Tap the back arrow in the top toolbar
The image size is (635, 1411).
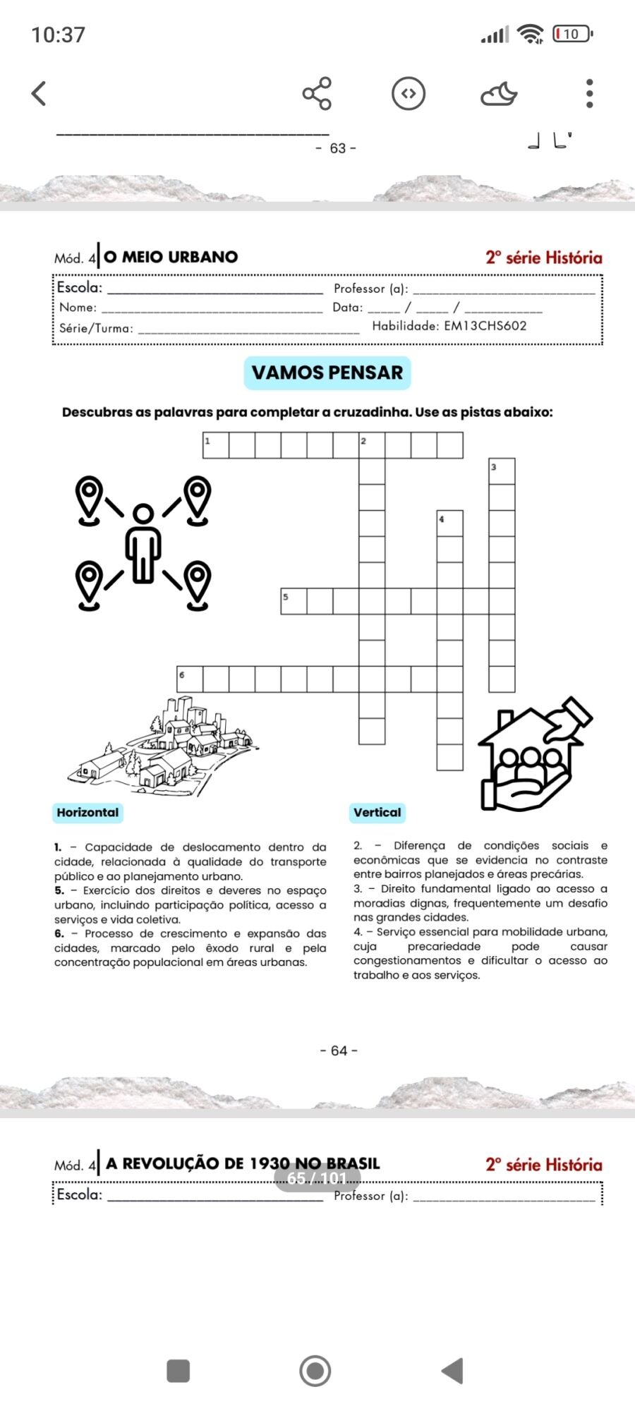pyautogui.click(x=40, y=93)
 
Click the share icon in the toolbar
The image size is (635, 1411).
pyautogui.click(x=317, y=93)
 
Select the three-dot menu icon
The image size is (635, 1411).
pyautogui.click(x=590, y=93)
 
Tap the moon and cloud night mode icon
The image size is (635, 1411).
pyautogui.click(x=499, y=94)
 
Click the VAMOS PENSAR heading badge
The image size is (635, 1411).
pyautogui.click(x=327, y=373)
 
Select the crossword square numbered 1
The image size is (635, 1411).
pyautogui.click(x=216, y=446)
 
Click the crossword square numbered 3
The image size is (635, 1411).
pyautogui.click(x=502, y=471)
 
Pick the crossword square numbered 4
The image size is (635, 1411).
pyautogui.click(x=449, y=523)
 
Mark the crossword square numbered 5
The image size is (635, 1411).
pyautogui.click(x=294, y=601)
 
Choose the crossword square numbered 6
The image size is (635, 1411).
pyautogui.click(x=190, y=679)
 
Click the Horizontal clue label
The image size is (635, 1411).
pyautogui.click(x=87, y=813)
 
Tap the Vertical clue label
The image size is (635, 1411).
pyautogui.click(x=377, y=813)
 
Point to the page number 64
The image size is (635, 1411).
pyautogui.click(x=339, y=1050)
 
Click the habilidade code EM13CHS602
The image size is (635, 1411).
pyautogui.click(x=485, y=326)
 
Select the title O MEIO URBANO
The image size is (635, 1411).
pyautogui.click(x=171, y=257)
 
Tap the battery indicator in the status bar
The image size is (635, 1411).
pyautogui.click(x=572, y=34)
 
